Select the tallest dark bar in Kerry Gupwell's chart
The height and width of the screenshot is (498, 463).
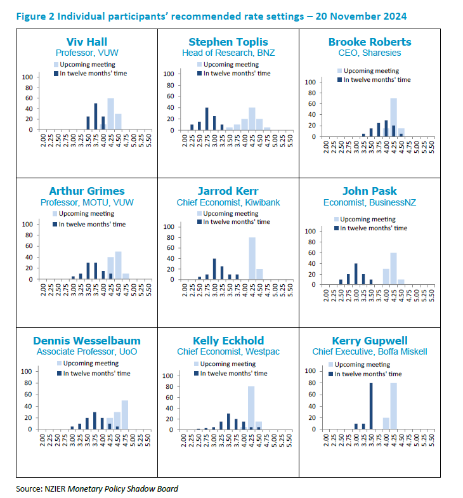pos(372,407)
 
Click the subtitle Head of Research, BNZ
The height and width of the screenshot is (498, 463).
pos(228,53)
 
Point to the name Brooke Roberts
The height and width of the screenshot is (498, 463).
pos(370,43)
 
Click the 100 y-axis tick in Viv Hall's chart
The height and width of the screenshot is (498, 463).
pos(28,77)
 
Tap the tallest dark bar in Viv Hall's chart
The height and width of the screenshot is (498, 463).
pos(96,116)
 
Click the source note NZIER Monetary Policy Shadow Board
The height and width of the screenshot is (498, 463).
pos(97,488)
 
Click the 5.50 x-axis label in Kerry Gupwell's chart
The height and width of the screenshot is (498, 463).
pos(433,441)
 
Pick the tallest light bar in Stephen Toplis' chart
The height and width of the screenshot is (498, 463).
pos(252,119)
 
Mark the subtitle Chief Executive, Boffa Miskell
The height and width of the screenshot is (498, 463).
pos(370,351)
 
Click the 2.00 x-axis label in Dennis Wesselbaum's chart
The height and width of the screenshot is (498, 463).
pos(42,441)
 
